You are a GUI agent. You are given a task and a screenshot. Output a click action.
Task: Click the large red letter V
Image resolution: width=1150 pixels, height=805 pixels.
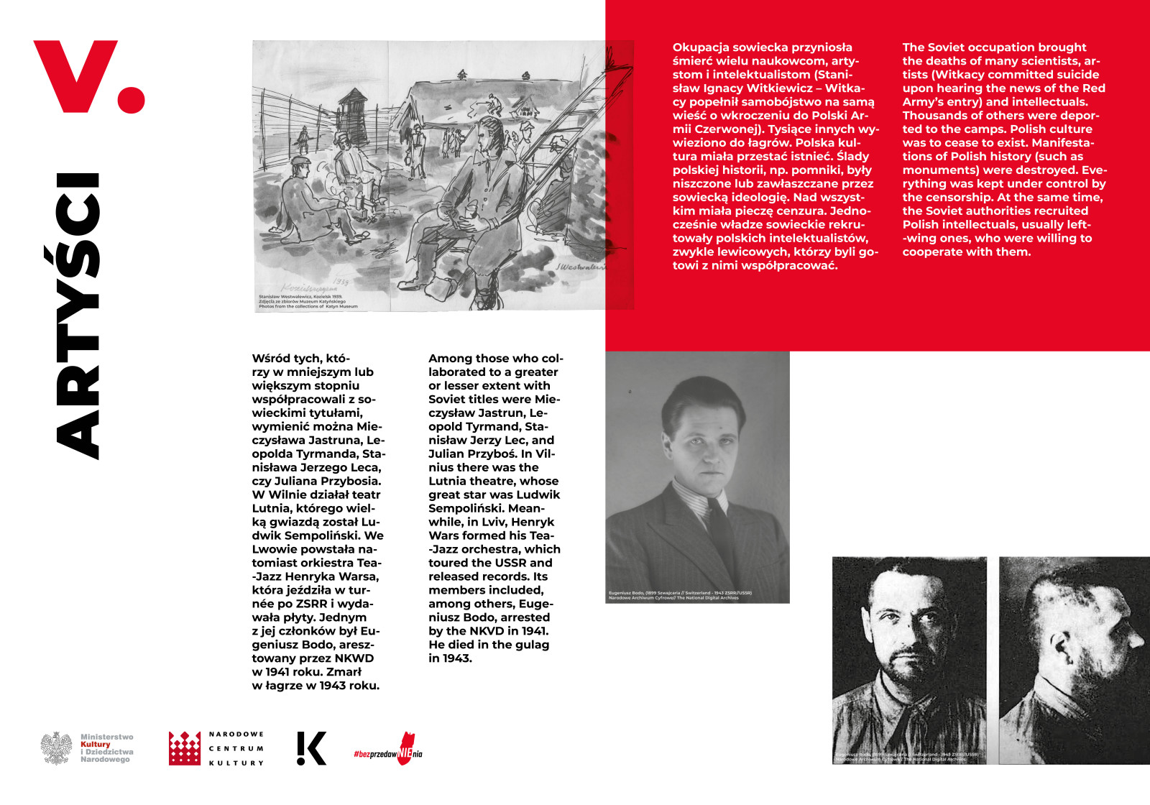75,73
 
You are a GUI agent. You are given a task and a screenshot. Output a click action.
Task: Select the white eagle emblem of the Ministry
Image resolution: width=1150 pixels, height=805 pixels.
56,748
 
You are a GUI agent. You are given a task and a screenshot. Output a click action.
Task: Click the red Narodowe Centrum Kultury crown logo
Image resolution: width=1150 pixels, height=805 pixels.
184,748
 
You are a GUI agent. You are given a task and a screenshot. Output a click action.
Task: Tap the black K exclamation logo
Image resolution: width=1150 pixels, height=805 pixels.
311,748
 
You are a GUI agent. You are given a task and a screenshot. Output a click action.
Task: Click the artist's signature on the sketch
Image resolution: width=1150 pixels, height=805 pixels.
579,266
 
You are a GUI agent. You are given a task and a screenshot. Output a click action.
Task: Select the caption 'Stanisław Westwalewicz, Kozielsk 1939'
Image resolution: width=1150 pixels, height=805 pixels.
300,296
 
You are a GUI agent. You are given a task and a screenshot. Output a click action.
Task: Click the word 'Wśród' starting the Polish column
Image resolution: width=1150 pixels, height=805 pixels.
270,359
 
